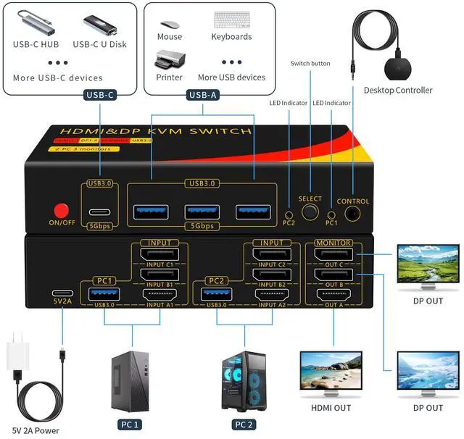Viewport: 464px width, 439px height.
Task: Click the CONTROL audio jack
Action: pos(353,214)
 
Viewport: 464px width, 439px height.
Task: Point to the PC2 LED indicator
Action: pos(289,215)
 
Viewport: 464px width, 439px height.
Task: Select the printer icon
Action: pos(169,59)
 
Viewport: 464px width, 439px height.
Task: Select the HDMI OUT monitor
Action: pos(332,373)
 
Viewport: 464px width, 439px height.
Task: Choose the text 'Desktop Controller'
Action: pos(398,91)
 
